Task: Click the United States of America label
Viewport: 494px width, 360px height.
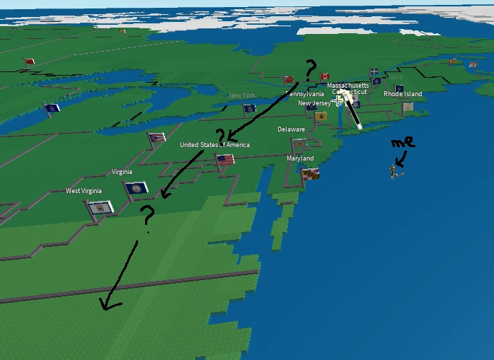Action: (x=214, y=145)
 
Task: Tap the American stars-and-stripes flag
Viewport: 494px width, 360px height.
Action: (x=225, y=161)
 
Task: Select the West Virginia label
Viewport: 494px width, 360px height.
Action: (x=84, y=191)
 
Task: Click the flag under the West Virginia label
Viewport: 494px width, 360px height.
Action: (x=99, y=208)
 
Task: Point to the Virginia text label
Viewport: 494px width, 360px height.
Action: (x=122, y=172)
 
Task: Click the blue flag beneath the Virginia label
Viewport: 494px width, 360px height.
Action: (x=137, y=188)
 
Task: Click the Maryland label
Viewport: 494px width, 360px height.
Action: (x=300, y=158)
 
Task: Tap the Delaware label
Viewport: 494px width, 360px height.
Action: (x=291, y=129)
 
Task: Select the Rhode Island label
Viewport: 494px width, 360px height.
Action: (x=403, y=94)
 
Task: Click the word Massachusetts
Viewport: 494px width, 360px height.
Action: (x=347, y=85)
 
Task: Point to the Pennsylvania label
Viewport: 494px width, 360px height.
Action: (x=305, y=93)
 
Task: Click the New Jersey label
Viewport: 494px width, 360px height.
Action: (x=314, y=103)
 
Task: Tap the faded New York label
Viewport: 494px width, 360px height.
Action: (x=242, y=95)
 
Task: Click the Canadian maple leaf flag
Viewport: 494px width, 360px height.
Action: (x=325, y=76)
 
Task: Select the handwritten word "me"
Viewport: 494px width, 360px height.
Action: (x=402, y=143)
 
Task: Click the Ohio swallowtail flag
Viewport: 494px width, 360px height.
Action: (x=156, y=137)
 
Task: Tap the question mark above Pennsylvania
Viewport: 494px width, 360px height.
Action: (x=309, y=69)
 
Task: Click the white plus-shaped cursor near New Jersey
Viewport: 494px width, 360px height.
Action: (x=338, y=100)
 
